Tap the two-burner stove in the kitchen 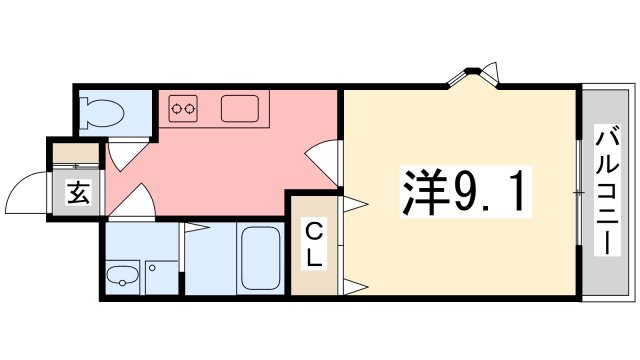(x=182, y=105)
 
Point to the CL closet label (x=314, y=245)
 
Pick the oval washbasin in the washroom (x=124, y=275)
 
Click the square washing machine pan (x=160, y=275)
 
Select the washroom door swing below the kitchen (x=137, y=206)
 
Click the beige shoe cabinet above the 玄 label (x=78, y=155)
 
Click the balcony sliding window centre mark (x=578, y=191)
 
